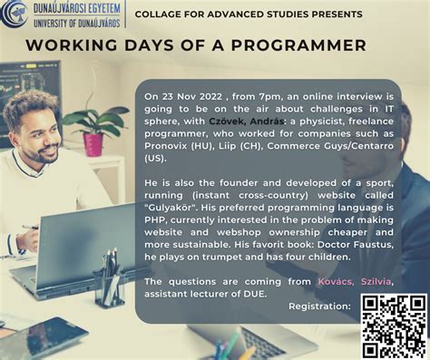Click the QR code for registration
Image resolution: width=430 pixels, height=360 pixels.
395,326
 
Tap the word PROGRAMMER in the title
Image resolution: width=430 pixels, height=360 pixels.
298,45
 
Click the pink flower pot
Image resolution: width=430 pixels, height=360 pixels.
93,145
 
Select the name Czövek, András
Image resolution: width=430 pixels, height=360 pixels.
247,122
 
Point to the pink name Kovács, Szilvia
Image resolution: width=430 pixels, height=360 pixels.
355,282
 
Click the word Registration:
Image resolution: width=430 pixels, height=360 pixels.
319,306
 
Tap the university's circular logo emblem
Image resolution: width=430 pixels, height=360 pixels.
15,14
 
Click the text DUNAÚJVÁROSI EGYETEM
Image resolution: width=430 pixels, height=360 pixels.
77,8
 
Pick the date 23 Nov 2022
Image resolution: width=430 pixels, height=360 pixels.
192,97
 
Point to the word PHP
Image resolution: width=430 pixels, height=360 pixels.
155,219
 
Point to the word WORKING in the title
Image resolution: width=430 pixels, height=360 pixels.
72,45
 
